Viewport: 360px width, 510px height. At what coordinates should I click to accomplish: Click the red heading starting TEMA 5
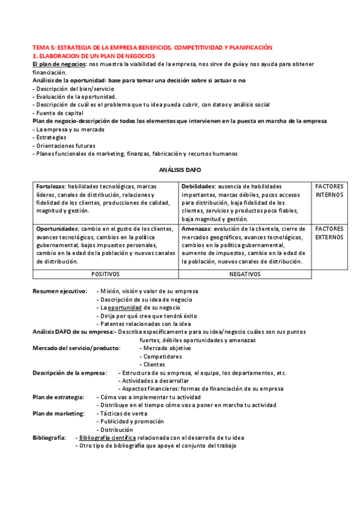[152, 48]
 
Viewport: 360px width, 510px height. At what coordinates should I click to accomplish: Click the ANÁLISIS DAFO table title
[180, 170]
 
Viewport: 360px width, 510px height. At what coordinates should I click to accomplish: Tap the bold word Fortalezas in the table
[50, 186]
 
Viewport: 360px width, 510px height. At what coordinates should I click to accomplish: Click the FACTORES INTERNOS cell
[329, 191]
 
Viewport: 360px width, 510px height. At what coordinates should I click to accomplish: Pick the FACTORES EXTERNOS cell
[329, 233]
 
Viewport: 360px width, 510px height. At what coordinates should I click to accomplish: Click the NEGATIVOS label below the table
[245, 274]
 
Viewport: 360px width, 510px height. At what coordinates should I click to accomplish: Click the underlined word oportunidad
[124, 307]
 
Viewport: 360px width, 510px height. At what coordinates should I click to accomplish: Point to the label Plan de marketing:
[58, 413]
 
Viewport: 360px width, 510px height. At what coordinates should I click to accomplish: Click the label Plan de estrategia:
[58, 397]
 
